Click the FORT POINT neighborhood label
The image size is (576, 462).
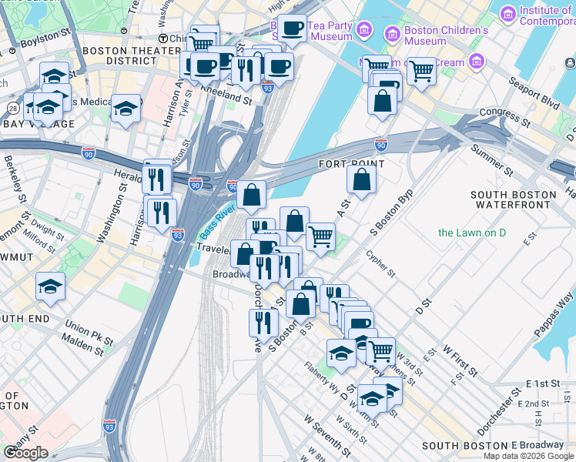[x=351, y=164]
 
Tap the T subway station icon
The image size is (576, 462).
[x=162, y=38]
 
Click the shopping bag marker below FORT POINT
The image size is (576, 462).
[x=361, y=180]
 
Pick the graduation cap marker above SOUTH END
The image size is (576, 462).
[x=51, y=286]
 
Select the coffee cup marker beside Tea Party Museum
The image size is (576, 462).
[x=292, y=28]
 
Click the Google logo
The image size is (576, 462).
[x=25, y=452]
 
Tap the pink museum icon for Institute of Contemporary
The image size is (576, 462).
[x=507, y=14]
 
